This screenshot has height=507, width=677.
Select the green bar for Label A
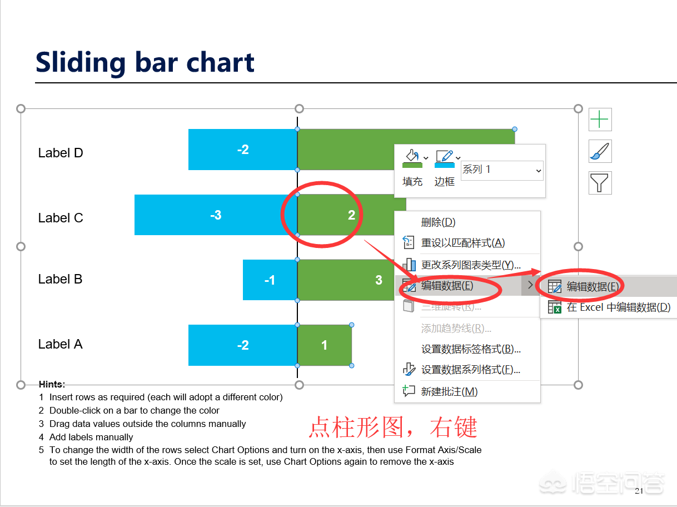coord(325,345)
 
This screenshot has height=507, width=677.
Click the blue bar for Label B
coord(270,280)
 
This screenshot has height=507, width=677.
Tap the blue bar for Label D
coord(243,150)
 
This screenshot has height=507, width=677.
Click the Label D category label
coord(61,153)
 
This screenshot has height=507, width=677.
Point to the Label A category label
coord(61,344)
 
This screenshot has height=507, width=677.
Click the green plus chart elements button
coord(600,120)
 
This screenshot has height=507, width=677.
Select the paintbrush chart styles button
coord(600,151)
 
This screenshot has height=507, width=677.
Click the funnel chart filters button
coord(600,183)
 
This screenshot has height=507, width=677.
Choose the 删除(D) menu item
coord(439,222)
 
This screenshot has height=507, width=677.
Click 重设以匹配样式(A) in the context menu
coord(462,243)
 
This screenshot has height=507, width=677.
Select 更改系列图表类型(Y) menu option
coord(470,265)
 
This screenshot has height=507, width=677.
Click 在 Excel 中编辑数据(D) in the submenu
coord(619,307)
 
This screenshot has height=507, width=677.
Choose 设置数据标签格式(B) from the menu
coord(471,349)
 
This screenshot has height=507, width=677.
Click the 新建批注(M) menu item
coord(449,391)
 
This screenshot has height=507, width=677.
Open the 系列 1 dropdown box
coord(502,170)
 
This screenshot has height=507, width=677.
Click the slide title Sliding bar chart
coord(145,63)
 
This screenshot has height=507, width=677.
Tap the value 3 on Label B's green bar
coord(379,280)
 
